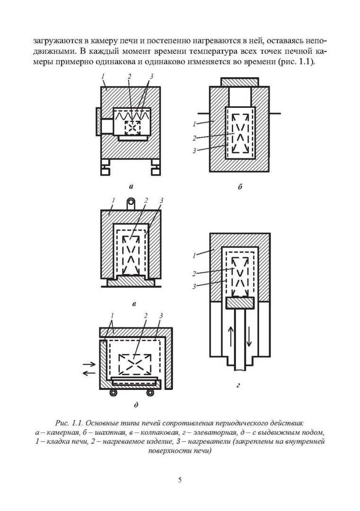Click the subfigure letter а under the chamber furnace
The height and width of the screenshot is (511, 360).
pyautogui.click(x=131, y=186)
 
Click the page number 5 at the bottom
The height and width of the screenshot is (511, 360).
pyautogui.click(x=180, y=480)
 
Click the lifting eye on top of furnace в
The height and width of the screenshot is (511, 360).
pyautogui.click(x=131, y=204)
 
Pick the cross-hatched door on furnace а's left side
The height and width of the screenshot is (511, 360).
pyautogui.click(x=98, y=121)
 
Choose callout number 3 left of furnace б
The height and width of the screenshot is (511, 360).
pyautogui.click(x=195, y=150)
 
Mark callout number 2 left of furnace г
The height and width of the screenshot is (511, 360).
pyautogui.click(x=195, y=273)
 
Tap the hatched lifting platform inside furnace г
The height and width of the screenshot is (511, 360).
pyautogui.click(x=240, y=302)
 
